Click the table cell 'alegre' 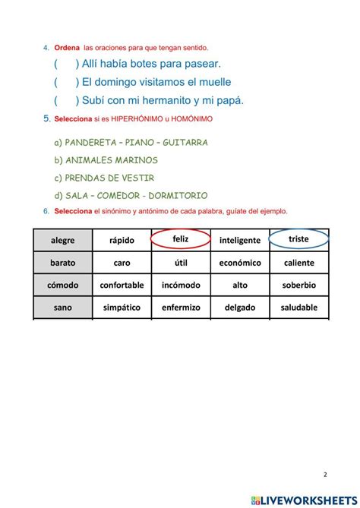click(x=63, y=241)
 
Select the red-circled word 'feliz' click(x=180, y=239)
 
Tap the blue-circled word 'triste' click(x=298, y=239)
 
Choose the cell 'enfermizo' click(x=181, y=308)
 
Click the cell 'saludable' click(x=298, y=308)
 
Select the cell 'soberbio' click(x=298, y=286)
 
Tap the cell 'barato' click(x=63, y=263)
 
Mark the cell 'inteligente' click(x=239, y=241)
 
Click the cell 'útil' click(x=181, y=263)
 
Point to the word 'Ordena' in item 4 click(x=67, y=48)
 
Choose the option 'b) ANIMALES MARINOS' click(x=106, y=160)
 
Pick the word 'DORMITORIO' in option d click(x=178, y=196)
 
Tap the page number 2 click(x=325, y=475)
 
